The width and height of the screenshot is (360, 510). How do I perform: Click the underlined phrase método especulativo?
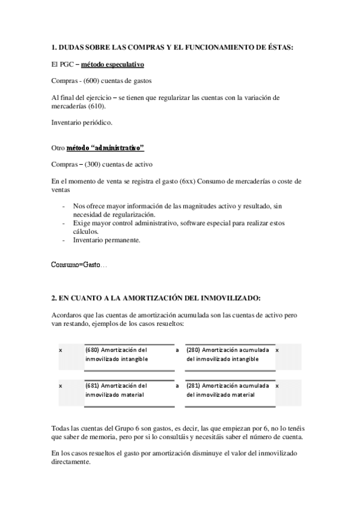[x=113, y=64]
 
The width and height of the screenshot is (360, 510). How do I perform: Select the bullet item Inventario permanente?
[x=106, y=240]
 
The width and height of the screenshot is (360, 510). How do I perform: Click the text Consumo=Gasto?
[x=77, y=264]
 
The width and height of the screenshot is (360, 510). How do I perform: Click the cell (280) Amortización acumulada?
[x=230, y=354]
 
